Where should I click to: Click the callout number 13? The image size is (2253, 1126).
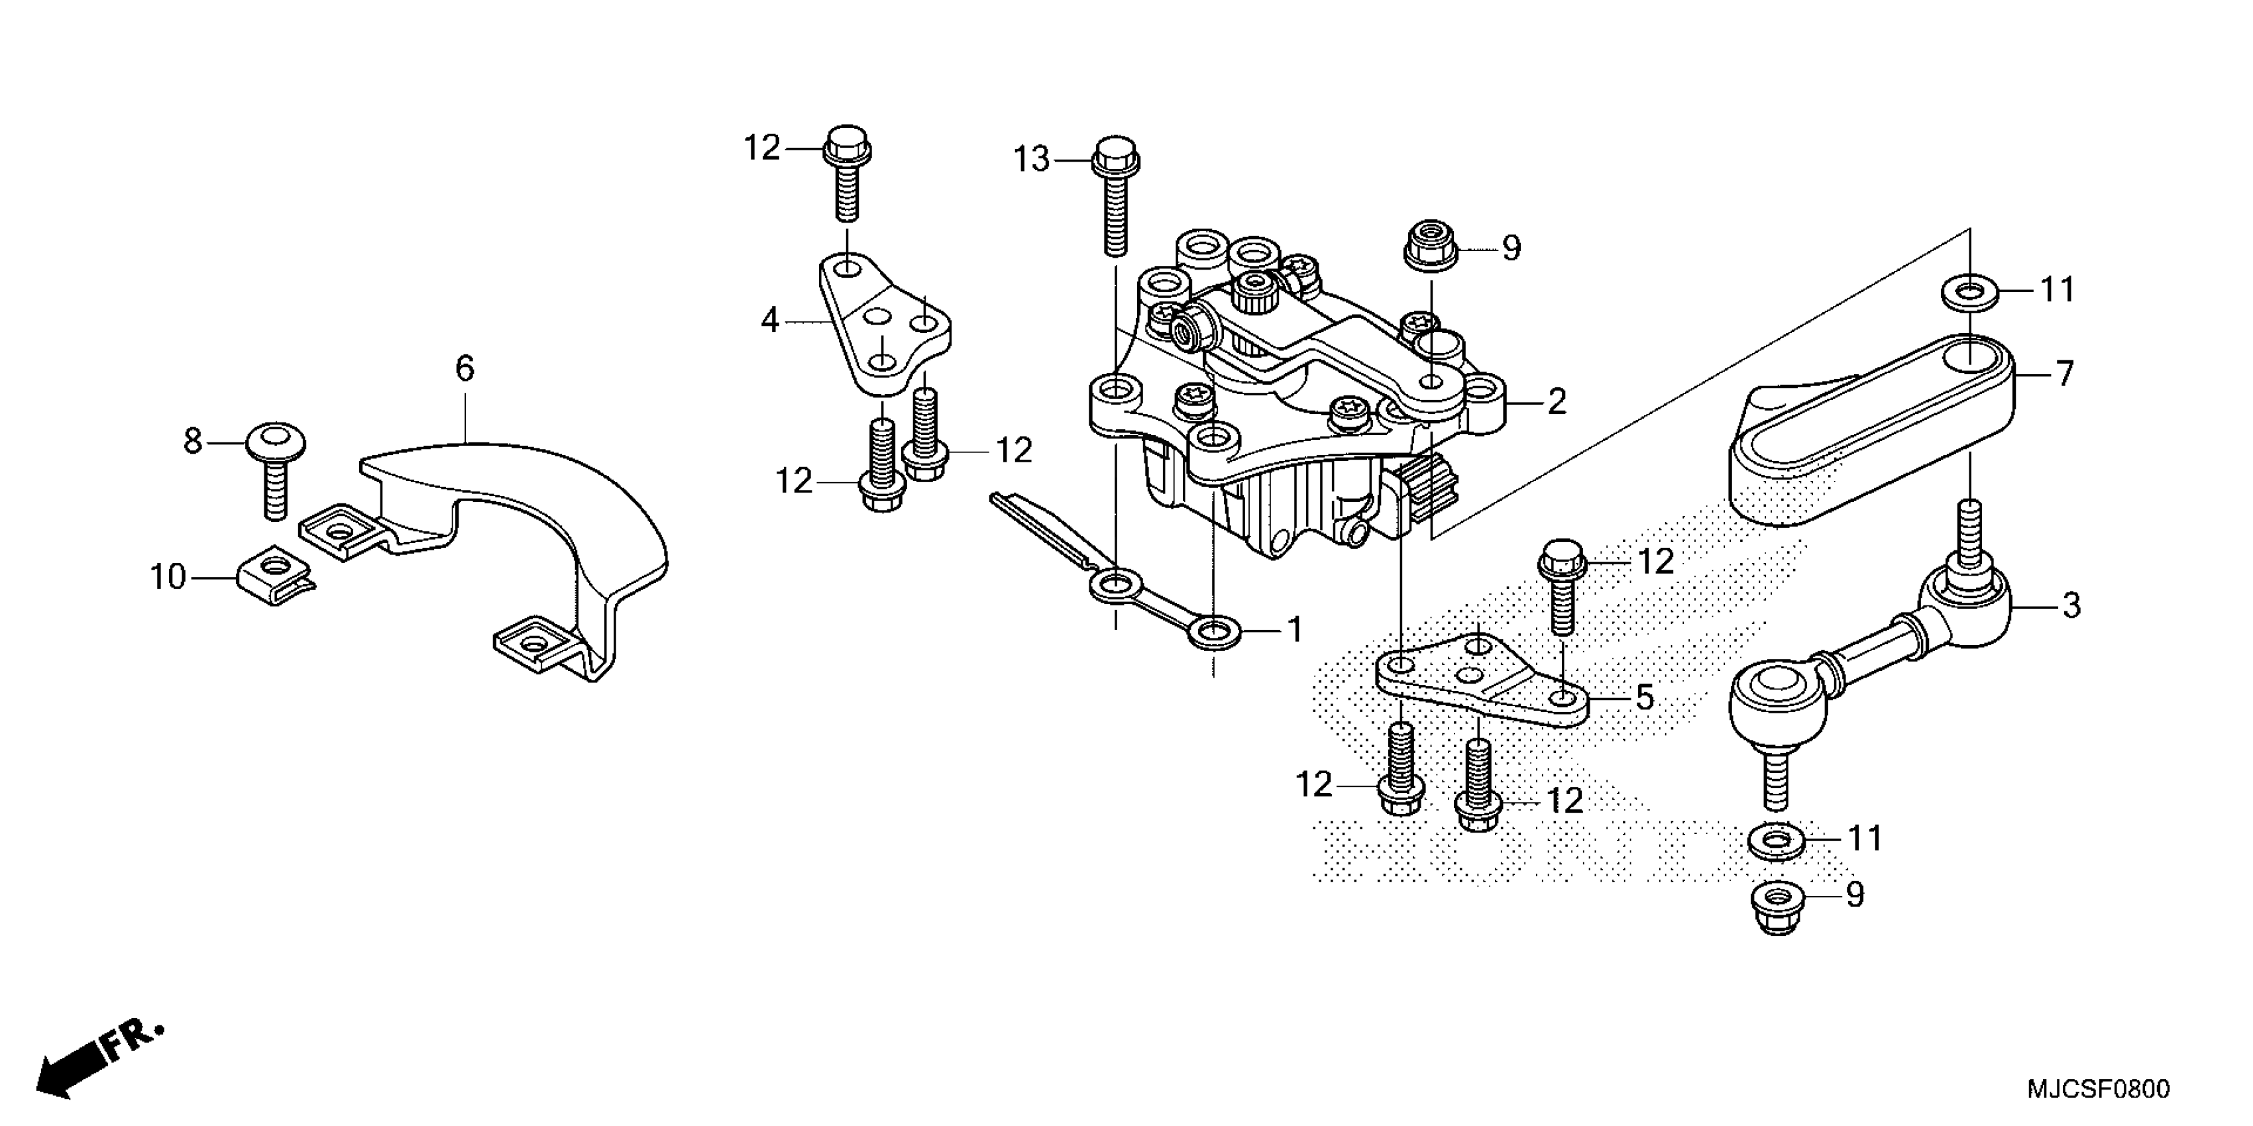pos(1031,160)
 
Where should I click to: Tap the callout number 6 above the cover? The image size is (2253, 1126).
pos(465,369)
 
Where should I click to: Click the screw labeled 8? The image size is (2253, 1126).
pos(276,468)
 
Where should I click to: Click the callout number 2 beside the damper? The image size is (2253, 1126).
pos(1556,402)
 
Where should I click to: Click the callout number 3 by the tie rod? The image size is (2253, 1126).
pos(2071,605)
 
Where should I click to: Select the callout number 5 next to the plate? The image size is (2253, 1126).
pos(1644,697)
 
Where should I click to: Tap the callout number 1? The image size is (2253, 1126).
pos(1294,629)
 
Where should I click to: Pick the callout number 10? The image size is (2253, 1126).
pos(168,577)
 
